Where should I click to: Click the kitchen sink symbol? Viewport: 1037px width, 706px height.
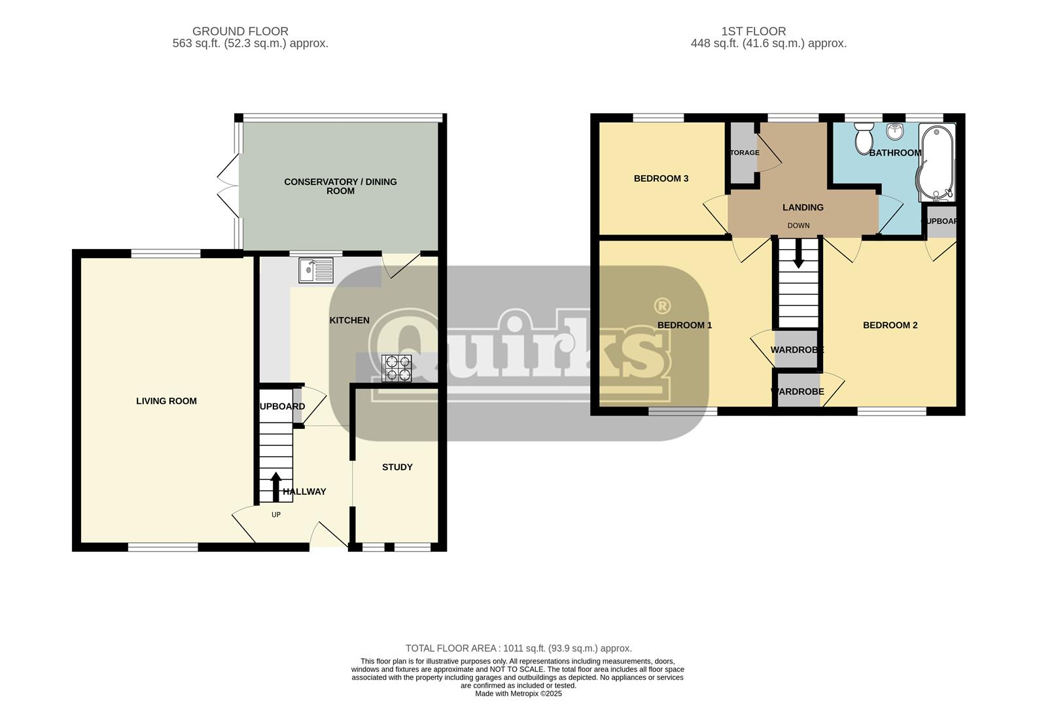point(315,270)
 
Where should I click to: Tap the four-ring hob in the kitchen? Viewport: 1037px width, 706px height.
point(396,368)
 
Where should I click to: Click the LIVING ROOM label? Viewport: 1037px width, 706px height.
point(166,401)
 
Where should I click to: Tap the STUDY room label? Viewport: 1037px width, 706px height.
point(397,467)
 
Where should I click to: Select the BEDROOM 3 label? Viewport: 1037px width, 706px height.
point(661,178)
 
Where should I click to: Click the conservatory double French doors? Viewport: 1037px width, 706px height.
point(227,185)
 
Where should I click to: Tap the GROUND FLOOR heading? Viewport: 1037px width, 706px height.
point(240,31)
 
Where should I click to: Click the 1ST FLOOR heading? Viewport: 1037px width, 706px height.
point(754,31)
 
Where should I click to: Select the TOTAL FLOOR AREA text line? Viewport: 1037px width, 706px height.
point(518,648)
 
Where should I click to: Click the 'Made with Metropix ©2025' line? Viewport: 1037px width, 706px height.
point(518,694)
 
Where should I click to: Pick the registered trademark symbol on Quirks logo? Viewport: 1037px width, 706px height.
point(662,305)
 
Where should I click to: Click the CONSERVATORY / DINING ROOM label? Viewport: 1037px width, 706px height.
point(340,186)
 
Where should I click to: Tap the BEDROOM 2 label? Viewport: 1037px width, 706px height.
point(890,325)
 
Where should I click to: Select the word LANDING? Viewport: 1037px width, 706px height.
point(803,207)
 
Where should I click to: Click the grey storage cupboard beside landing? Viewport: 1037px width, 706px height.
point(742,153)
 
